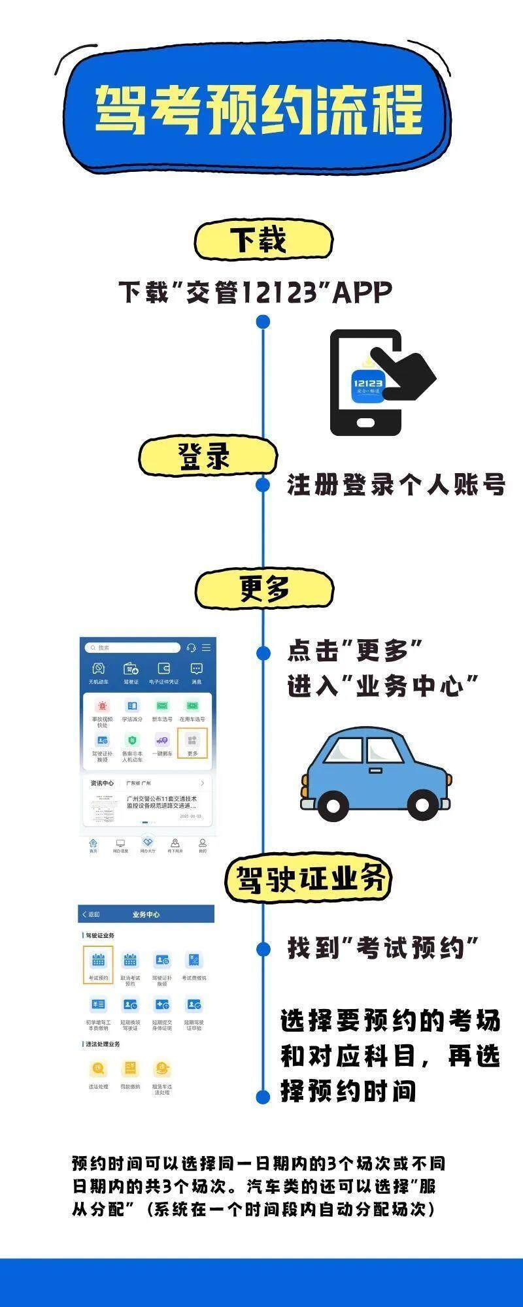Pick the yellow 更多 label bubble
(264, 590)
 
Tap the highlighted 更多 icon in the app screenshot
(192, 742)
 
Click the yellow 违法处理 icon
(98, 1069)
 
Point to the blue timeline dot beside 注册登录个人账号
(263, 485)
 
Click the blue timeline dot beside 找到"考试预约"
(263, 949)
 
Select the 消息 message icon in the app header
(196, 669)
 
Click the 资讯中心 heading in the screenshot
(102, 783)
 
